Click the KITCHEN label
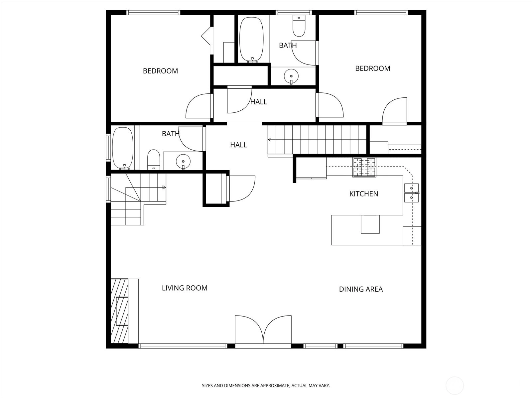tap(363, 194)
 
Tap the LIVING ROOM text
tap(185, 288)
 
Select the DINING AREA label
tap(361, 289)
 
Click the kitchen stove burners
tap(364, 167)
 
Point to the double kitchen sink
tap(412, 193)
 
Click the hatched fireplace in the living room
tap(119, 311)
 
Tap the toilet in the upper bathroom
tap(299, 26)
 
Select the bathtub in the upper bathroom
tap(251, 40)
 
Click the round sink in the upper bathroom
tap(291, 76)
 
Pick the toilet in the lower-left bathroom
tap(154, 160)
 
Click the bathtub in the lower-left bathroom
tap(123, 148)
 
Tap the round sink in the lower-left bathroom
tap(183, 162)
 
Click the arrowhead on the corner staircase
tap(164, 188)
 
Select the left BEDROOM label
tap(161, 71)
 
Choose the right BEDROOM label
tap(373, 68)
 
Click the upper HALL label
tap(259, 102)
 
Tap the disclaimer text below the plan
tap(266, 386)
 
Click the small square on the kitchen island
tap(370, 224)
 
